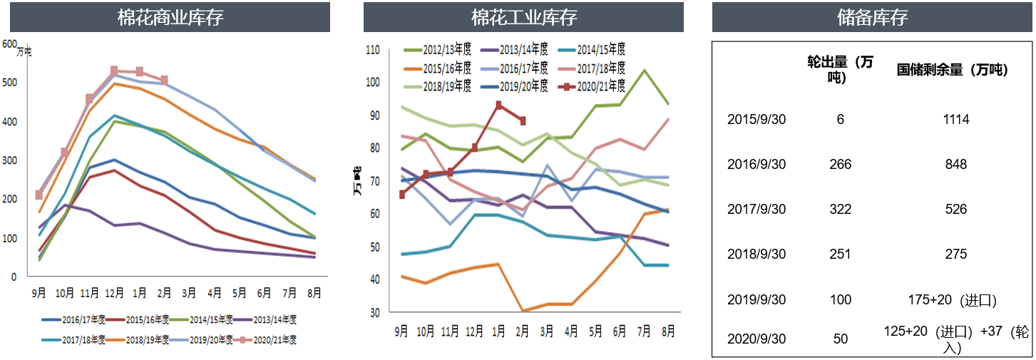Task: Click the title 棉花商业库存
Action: point(170,18)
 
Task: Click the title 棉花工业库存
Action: point(523,18)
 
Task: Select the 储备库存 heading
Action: point(872,18)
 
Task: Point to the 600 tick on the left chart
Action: point(9,43)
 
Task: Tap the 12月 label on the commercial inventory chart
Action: point(114,292)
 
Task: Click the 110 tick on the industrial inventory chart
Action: point(373,50)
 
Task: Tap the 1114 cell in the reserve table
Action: point(955,120)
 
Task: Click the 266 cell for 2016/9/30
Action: point(841,165)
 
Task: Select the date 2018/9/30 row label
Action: point(757,254)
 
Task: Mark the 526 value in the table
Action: point(955,210)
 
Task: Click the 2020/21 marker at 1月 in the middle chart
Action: point(498,105)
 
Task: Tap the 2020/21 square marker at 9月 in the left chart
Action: point(39,195)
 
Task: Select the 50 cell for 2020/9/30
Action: point(841,339)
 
